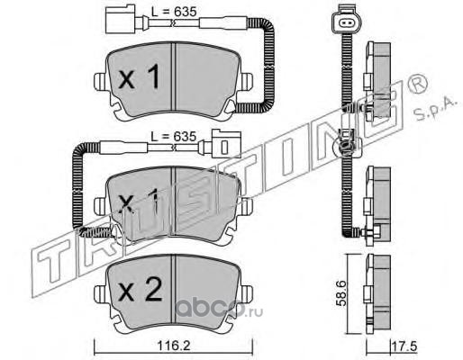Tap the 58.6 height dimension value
[x=341, y=293]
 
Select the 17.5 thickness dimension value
[x=404, y=346]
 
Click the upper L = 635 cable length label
[x=174, y=12]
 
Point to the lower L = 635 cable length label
[x=174, y=137]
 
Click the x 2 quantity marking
[x=141, y=290]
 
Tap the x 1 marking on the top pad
[x=139, y=77]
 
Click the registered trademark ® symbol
[x=418, y=83]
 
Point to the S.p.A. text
[x=435, y=109]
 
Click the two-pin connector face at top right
[x=346, y=22]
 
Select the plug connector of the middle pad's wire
[x=226, y=143]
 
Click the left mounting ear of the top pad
[x=100, y=81]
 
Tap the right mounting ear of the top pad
[x=247, y=81]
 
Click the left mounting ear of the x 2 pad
[x=100, y=294]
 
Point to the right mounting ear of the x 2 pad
[x=247, y=294]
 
